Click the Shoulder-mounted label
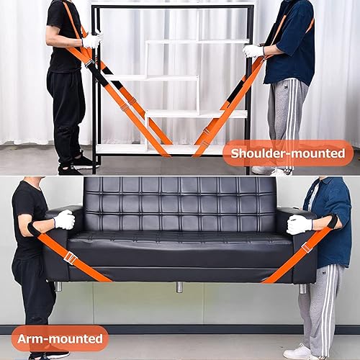click(x=287, y=153)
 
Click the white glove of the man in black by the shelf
click(x=91, y=41)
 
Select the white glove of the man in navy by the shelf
click(x=253, y=51)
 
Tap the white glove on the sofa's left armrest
click(x=64, y=220)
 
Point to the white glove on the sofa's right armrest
click(x=298, y=224)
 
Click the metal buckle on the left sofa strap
click(x=70, y=257)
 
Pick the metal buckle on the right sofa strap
click(x=306, y=247)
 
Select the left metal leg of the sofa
click(x=58, y=286)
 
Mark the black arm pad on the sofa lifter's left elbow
click(x=35, y=229)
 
